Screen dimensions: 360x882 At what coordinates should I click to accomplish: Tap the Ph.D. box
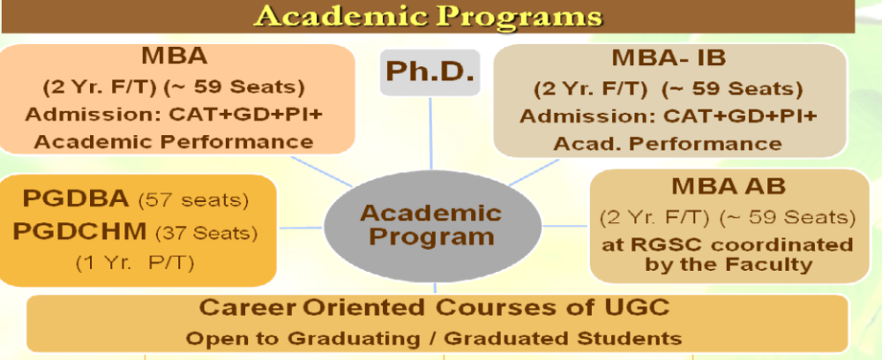430,71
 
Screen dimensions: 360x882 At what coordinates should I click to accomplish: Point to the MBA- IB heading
669,60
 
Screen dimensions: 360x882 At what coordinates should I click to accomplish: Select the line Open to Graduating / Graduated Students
436,337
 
